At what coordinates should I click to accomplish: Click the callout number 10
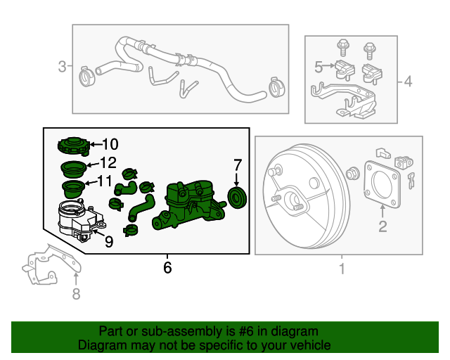(x=110, y=144)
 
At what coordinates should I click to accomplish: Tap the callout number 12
(x=108, y=163)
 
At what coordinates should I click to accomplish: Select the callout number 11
(x=105, y=181)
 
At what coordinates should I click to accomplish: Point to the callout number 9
(x=109, y=242)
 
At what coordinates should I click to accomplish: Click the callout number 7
(x=238, y=165)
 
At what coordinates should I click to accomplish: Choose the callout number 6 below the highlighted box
(x=167, y=268)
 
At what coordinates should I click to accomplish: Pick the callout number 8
(x=76, y=294)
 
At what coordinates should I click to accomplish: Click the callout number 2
(x=382, y=226)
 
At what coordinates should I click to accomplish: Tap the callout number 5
(x=319, y=67)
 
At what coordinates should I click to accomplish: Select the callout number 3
(x=63, y=66)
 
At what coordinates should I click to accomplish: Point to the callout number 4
(x=408, y=82)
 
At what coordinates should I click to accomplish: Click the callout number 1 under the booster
(x=342, y=269)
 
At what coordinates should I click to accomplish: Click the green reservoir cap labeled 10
(x=74, y=146)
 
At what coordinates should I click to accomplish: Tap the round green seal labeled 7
(x=237, y=198)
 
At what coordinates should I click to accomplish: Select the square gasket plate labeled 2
(x=382, y=184)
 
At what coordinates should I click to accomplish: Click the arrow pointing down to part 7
(x=236, y=179)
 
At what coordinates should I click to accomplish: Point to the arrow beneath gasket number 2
(x=382, y=212)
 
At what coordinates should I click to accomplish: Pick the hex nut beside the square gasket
(x=352, y=173)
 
